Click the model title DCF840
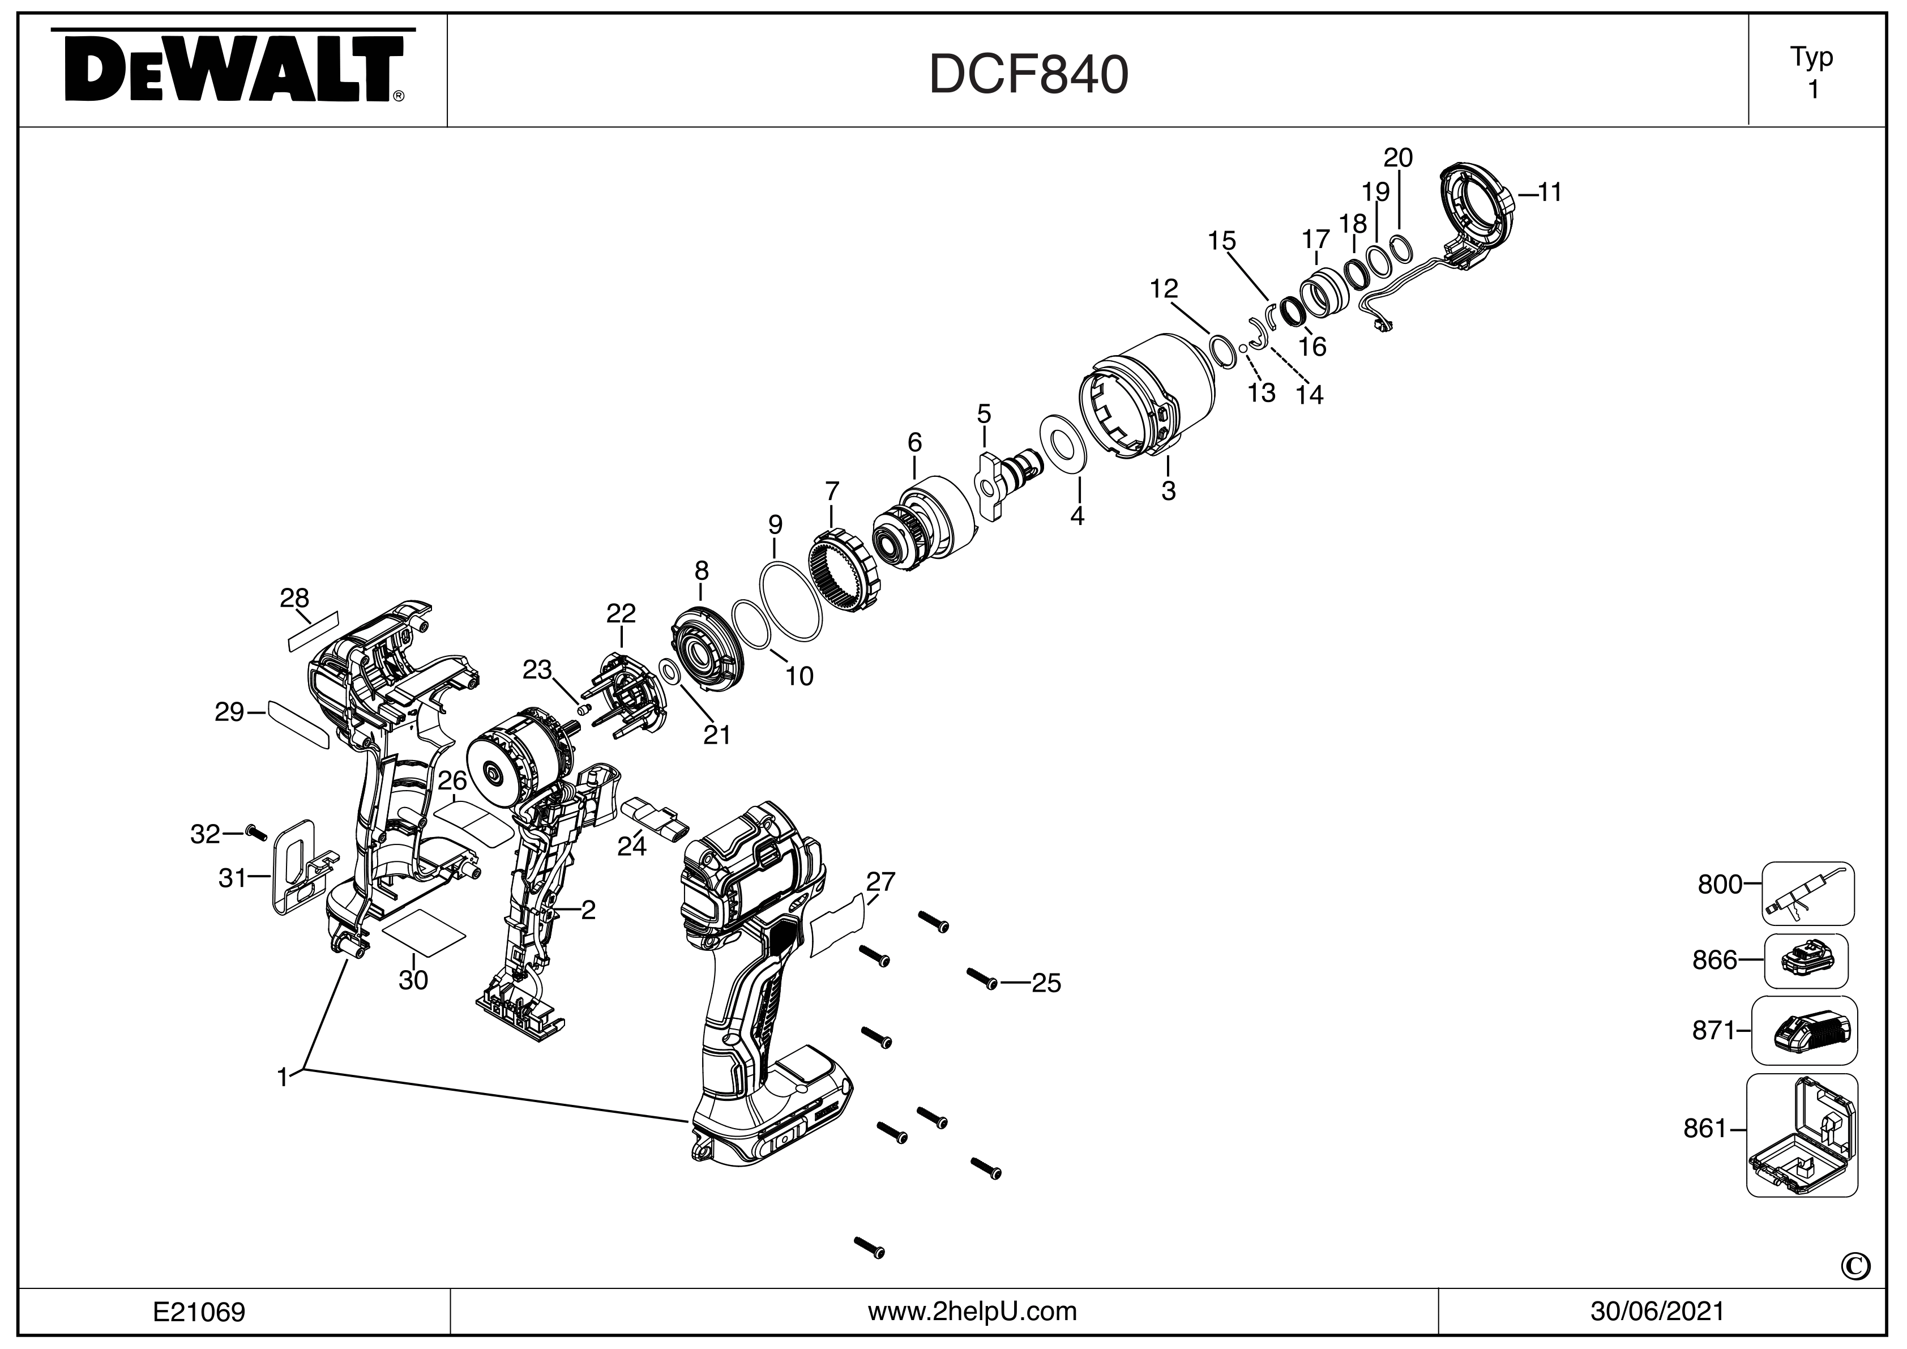1028,75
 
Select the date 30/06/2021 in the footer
1657,1312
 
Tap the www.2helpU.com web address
972,1312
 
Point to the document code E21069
199,1312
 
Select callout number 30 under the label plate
413,980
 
